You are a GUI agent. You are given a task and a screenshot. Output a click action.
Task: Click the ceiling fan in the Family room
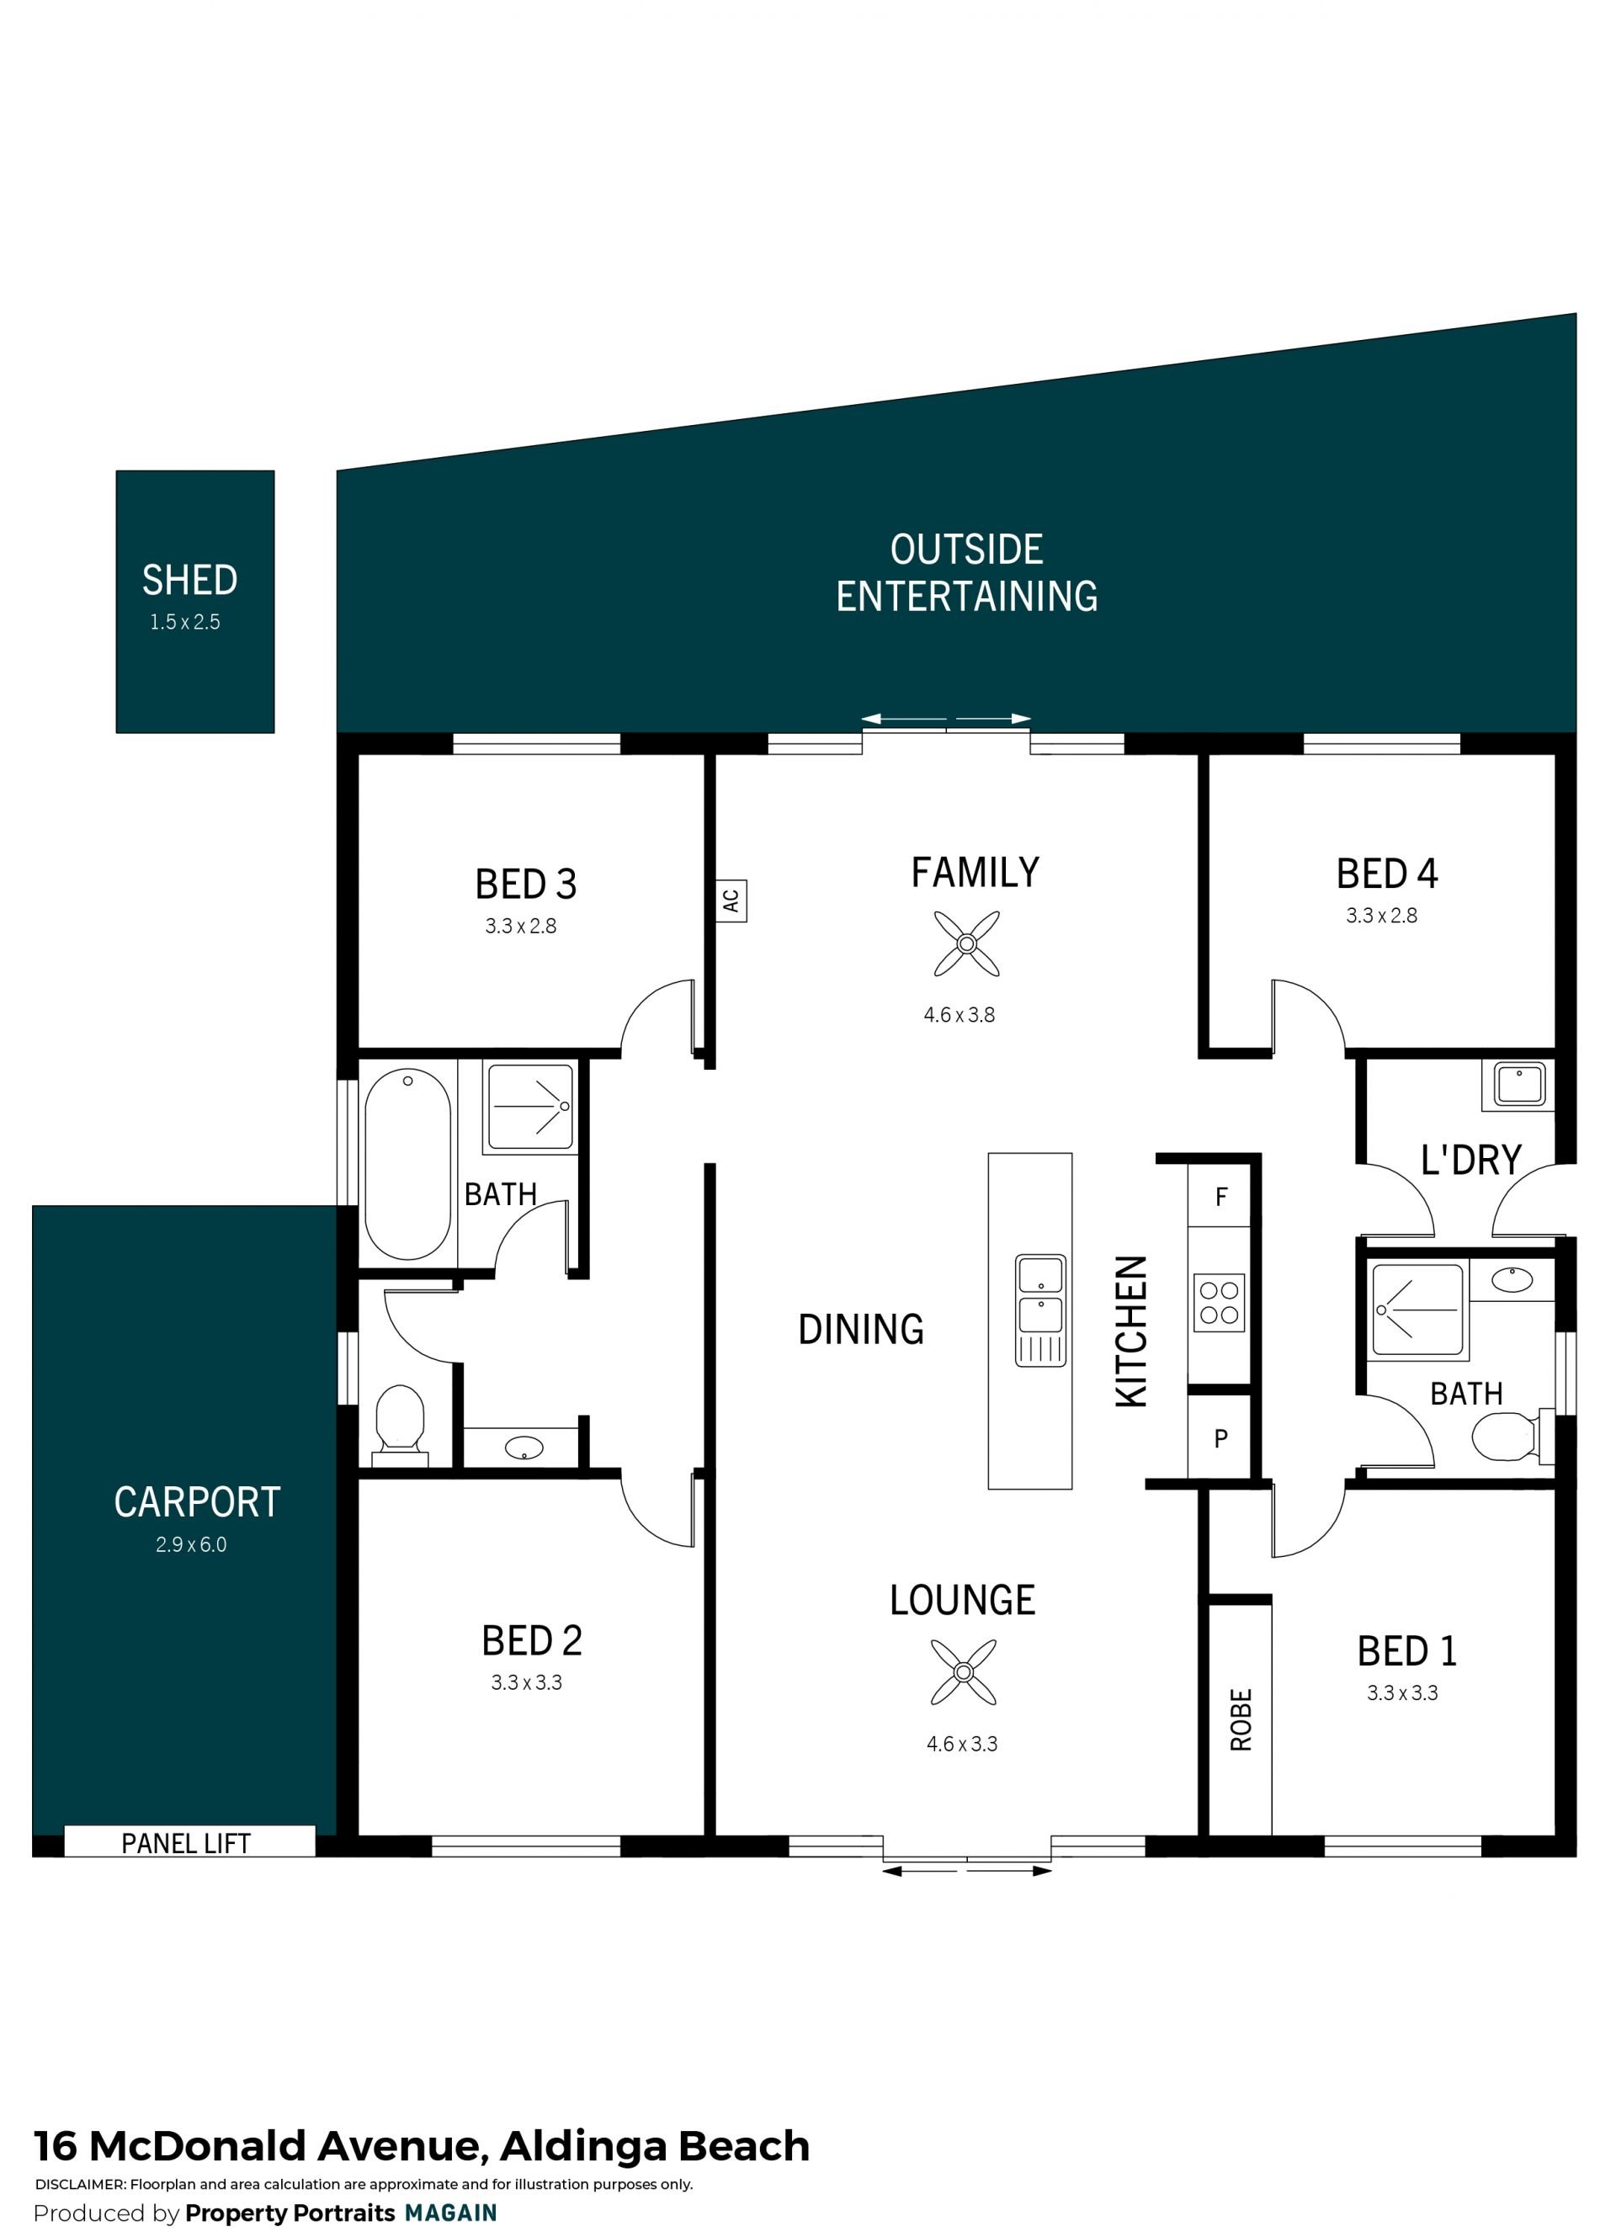[x=966, y=944]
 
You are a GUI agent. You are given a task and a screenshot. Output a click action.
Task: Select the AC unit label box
[x=731, y=901]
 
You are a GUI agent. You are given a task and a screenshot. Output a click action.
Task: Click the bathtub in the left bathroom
[x=407, y=1164]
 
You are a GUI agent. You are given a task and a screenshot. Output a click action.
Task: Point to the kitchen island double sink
[x=1041, y=1311]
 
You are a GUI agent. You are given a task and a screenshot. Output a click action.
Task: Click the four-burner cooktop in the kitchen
[x=1220, y=1303]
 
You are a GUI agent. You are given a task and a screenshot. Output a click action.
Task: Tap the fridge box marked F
[x=1220, y=1197]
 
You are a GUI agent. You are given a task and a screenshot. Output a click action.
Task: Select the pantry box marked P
[x=1220, y=1439]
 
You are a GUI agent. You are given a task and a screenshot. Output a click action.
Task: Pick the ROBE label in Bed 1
[x=1241, y=1720]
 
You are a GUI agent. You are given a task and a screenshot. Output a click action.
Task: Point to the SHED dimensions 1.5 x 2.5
[x=184, y=623]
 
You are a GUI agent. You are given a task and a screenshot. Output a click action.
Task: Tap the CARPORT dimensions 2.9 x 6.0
[x=190, y=1544]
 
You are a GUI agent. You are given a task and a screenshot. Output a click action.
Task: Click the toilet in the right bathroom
[x=1508, y=1436]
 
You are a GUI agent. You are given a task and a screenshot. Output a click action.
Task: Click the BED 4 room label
[x=1386, y=874]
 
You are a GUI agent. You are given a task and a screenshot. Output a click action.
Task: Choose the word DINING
[x=860, y=1330]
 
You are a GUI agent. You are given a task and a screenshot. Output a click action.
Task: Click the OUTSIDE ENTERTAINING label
[x=967, y=573]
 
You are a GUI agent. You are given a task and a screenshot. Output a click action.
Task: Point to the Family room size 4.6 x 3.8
[x=959, y=1015]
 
